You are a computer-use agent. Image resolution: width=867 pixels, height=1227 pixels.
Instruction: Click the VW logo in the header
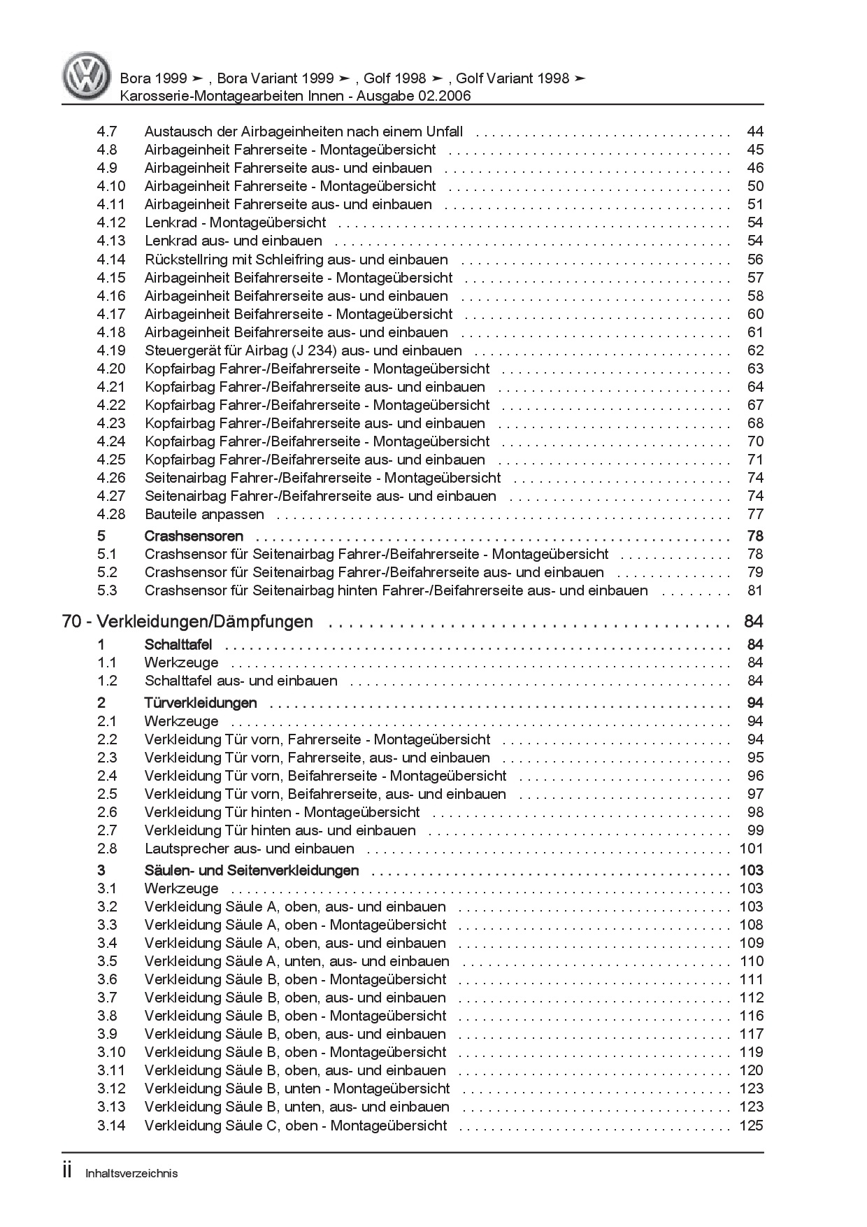86,77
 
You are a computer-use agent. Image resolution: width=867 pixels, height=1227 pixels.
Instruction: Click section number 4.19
111,350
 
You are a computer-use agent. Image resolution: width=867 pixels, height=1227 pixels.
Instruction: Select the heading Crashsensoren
194,536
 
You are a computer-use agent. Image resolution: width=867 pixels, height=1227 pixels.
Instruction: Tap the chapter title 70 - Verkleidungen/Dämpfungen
187,622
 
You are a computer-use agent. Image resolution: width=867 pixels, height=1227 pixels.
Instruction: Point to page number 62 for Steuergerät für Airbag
755,350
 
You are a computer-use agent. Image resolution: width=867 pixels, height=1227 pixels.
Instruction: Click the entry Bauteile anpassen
204,514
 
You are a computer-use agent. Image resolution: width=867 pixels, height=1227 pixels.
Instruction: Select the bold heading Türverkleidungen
201,702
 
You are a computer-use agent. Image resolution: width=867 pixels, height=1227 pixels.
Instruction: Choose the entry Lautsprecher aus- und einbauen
250,849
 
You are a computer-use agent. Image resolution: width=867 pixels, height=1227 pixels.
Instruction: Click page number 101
752,849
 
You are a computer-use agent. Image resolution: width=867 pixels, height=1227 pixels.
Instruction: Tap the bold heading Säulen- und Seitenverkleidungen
252,870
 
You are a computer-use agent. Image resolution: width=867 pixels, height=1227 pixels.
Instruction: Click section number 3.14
111,1126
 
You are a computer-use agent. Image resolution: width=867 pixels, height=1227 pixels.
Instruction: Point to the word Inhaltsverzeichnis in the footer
131,1174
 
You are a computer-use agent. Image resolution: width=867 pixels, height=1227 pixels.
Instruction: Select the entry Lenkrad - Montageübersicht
235,222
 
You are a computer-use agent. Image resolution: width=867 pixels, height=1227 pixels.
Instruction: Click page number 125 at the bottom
752,1126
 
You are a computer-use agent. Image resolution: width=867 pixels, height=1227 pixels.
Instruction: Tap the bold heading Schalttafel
178,644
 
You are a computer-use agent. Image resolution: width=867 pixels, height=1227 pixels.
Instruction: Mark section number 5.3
107,590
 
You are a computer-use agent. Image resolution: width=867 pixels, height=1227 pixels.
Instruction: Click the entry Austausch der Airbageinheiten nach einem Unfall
303,132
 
